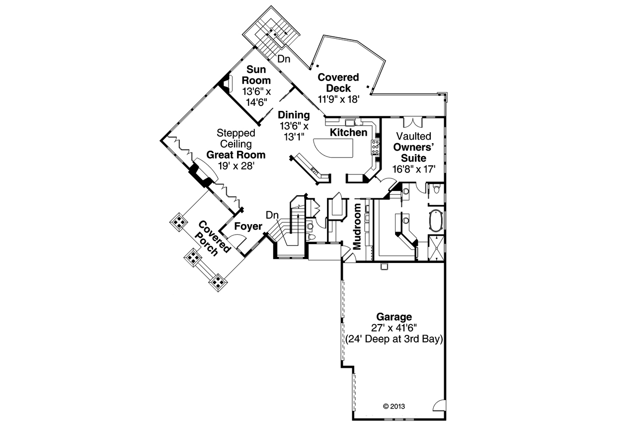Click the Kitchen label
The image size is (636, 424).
click(349, 133)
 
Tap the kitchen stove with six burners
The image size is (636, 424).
click(376, 148)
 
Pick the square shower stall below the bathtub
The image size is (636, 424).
click(436, 247)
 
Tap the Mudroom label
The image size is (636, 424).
click(358, 227)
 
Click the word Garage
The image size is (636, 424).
click(394, 317)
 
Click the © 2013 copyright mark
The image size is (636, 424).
click(394, 406)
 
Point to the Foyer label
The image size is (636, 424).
click(248, 227)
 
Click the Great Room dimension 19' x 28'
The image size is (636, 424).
click(236, 166)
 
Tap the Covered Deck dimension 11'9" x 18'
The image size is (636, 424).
click(338, 99)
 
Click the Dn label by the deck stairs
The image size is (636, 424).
click(284, 59)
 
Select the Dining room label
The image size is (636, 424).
click(294, 115)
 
